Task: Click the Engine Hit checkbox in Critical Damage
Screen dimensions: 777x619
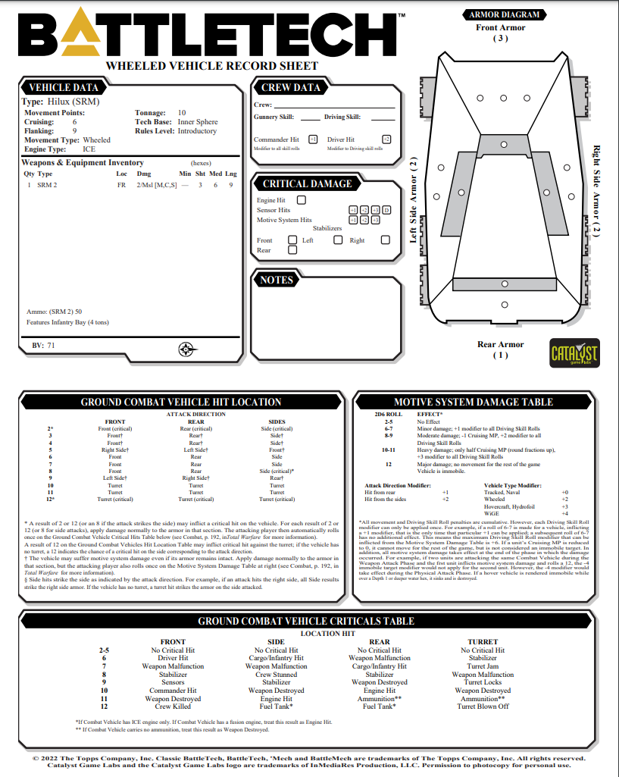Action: [302, 200]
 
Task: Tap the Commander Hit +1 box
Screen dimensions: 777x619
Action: [313, 139]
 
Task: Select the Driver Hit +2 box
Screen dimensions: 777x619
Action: [386, 139]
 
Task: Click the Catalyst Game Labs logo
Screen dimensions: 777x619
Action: [574, 353]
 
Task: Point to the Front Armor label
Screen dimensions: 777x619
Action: [500, 28]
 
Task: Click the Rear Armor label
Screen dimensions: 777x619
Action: [500, 344]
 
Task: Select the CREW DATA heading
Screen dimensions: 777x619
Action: [291, 88]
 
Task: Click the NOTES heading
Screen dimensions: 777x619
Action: [276, 280]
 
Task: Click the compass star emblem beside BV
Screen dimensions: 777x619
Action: [187, 349]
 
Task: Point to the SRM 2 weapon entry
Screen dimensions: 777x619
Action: [46, 184]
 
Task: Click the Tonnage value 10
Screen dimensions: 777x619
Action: [182, 112]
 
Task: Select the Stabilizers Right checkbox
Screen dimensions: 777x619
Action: [385, 240]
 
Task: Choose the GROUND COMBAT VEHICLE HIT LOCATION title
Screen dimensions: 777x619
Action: [181, 402]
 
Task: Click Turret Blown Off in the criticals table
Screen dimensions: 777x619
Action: [483, 707]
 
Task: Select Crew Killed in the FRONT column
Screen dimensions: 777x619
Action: [174, 707]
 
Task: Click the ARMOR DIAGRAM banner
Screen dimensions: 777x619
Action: [505, 14]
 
